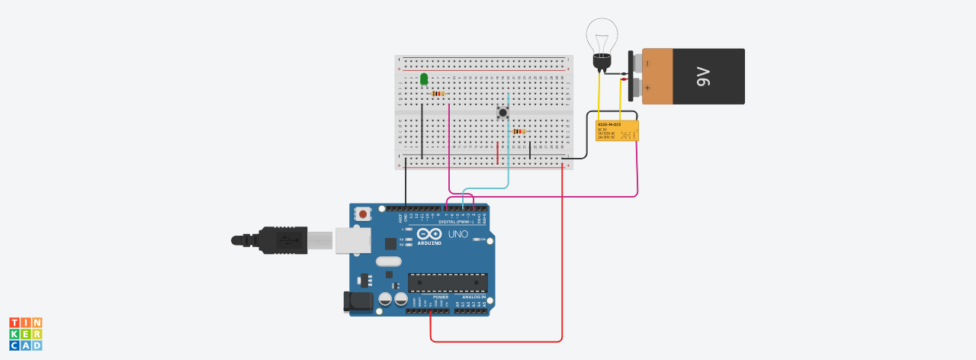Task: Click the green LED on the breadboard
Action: pyautogui.click(x=424, y=79)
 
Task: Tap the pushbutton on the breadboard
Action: pyautogui.click(x=502, y=113)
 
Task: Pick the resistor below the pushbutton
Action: pyautogui.click(x=519, y=131)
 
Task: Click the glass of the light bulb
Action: pyautogui.click(x=602, y=37)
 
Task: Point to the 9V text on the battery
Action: pyautogui.click(x=702, y=76)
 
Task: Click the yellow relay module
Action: pyautogui.click(x=617, y=130)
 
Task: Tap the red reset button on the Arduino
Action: pyautogui.click(x=363, y=214)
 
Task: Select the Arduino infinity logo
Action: pyautogui.click(x=429, y=235)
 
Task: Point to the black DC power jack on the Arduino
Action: pyautogui.click(x=357, y=301)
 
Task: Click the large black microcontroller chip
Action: pyautogui.click(x=448, y=282)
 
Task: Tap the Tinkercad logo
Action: pyautogui.click(x=25, y=334)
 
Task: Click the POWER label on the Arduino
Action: pyautogui.click(x=429, y=296)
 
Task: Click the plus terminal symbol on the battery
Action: pyautogui.click(x=647, y=88)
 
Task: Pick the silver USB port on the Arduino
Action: pyautogui.click(x=353, y=240)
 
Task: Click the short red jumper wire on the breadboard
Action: pyautogui.click(x=498, y=153)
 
